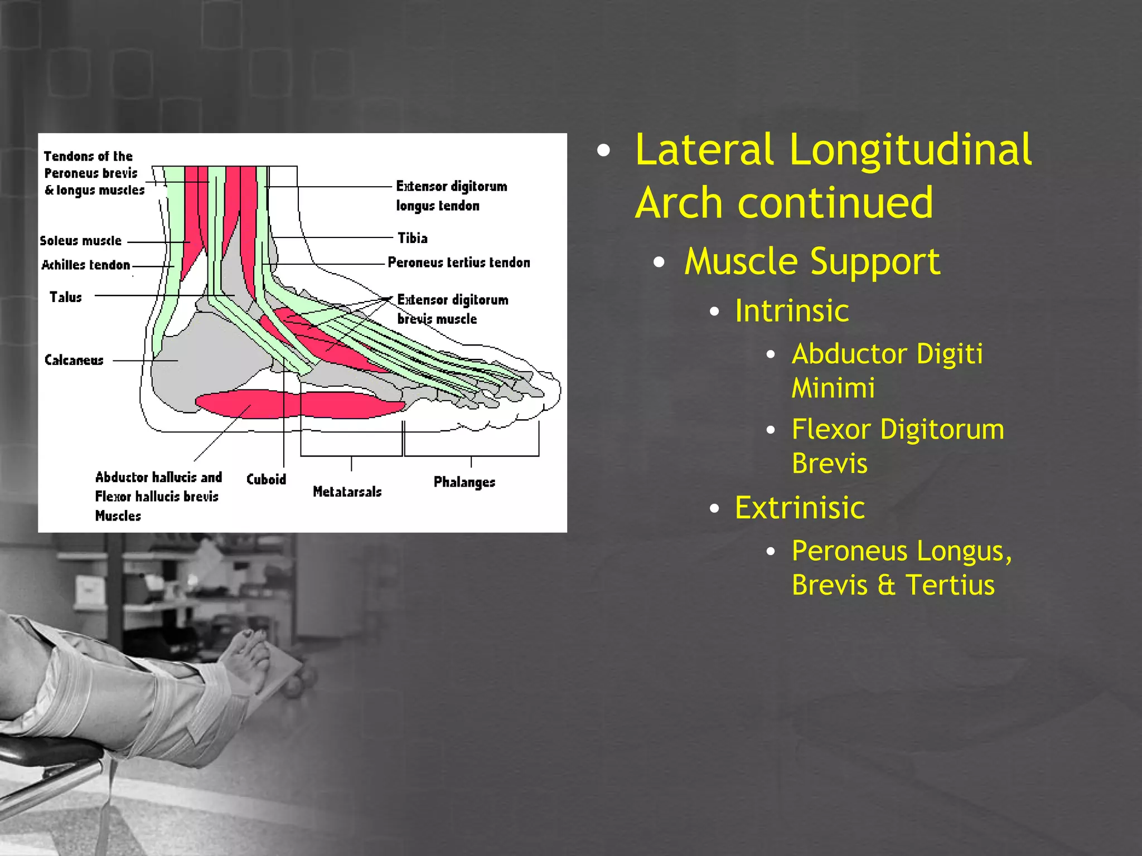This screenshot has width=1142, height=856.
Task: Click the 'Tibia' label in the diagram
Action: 413,238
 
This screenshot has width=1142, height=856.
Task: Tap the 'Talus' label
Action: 66,297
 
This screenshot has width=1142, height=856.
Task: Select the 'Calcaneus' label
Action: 74,360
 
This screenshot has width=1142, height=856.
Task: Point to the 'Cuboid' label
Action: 266,479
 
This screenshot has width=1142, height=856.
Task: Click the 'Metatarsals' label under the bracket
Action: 347,492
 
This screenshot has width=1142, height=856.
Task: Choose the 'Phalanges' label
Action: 464,482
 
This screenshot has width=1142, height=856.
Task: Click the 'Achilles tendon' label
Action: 86,265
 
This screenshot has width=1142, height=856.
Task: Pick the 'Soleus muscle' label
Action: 81,241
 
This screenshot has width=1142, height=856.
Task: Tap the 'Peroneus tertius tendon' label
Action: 458,262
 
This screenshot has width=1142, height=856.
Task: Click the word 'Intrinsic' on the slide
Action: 791,310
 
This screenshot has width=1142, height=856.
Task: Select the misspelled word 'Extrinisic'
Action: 799,508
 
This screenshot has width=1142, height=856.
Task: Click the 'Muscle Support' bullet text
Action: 812,261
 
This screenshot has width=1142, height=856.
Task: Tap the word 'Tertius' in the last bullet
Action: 950,585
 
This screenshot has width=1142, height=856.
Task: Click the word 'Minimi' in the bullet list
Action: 833,388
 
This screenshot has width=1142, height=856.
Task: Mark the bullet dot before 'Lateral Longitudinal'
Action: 603,150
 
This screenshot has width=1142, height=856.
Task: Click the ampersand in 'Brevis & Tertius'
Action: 886,585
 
